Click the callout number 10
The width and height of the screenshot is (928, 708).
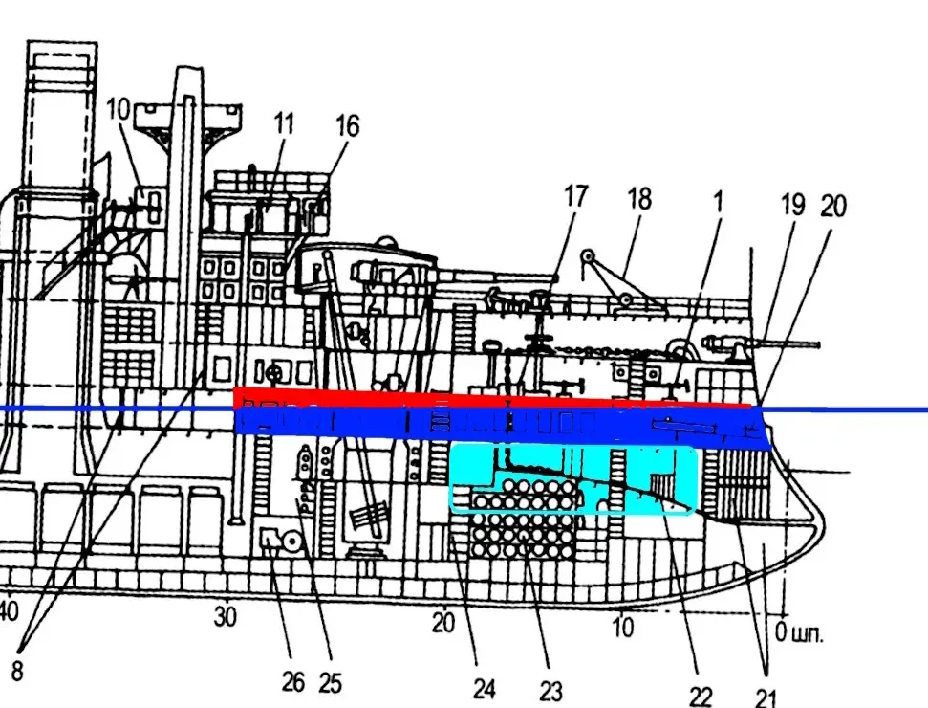(119, 109)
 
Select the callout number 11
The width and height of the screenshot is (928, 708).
(284, 123)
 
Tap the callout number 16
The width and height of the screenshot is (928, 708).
(348, 125)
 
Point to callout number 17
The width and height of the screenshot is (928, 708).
(574, 197)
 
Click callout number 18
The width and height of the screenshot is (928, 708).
(638, 199)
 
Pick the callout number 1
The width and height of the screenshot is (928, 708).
(717, 201)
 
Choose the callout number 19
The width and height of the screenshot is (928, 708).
(792, 204)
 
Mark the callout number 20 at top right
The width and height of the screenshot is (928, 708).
(833, 206)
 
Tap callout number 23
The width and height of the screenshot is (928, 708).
(550, 690)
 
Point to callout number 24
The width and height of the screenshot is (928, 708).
(485, 688)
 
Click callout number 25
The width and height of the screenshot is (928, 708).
(330, 683)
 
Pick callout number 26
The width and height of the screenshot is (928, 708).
(293, 681)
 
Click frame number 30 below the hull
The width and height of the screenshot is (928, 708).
(225, 617)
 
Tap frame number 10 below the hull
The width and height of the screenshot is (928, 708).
(622, 628)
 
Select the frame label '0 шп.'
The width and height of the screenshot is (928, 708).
(798, 631)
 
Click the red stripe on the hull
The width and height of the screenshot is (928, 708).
(478, 396)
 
